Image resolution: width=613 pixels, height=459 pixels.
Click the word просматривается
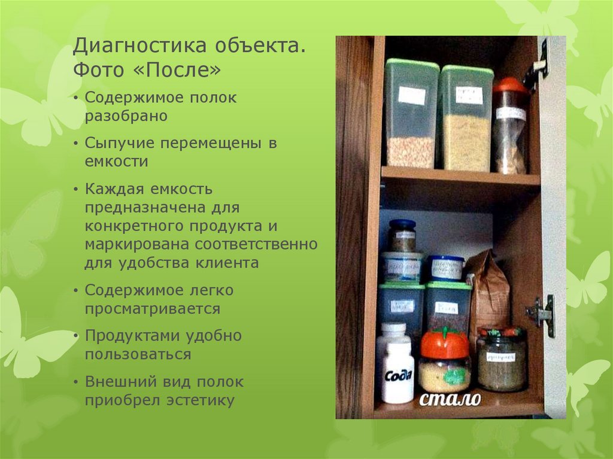coord(152,309)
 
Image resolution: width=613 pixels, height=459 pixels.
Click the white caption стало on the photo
coord(450,399)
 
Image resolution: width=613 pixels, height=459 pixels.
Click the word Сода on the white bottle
coord(398,375)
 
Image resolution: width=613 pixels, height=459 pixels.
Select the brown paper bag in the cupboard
coord(488,293)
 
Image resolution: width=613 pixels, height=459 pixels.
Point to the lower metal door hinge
coord(541,312)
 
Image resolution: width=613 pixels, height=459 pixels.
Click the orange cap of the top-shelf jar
coord(510,85)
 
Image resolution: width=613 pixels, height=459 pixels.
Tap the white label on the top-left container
coord(411,95)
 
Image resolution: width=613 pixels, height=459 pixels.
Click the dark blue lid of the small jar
coord(402,224)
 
